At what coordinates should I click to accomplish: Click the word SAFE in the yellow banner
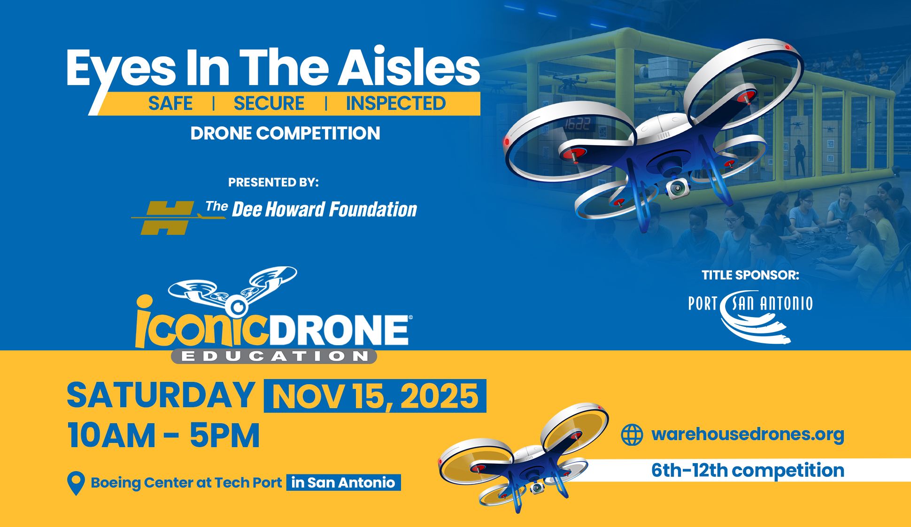pyautogui.click(x=170, y=103)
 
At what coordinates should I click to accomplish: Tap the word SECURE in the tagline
pyautogui.click(x=269, y=103)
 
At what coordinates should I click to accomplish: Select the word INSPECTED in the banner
pyautogui.click(x=396, y=103)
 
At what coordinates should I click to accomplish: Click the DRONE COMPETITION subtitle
pyautogui.click(x=285, y=133)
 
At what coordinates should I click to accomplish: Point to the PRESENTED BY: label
pyautogui.click(x=273, y=182)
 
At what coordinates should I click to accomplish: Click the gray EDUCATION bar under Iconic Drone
pyautogui.click(x=274, y=356)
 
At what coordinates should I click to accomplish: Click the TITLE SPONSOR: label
pyautogui.click(x=750, y=275)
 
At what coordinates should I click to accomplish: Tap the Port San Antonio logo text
pyautogui.click(x=750, y=304)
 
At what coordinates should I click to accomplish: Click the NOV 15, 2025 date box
pyautogui.click(x=375, y=396)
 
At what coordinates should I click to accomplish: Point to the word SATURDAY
pyautogui.click(x=161, y=395)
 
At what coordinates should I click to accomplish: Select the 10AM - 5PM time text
pyautogui.click(x=163, y=436)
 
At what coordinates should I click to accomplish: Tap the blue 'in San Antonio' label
pyautogui.click(x=343, y=483)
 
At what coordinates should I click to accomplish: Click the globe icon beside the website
pyautogui.click(x=632, y=434)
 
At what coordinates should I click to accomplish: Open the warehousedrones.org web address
pyautogui.click(x=748, y=434)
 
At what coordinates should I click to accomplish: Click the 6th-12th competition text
pyautogui.click(x=748, y=470)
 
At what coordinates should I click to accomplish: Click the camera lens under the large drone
pyautogui.click(x=677, y=188)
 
